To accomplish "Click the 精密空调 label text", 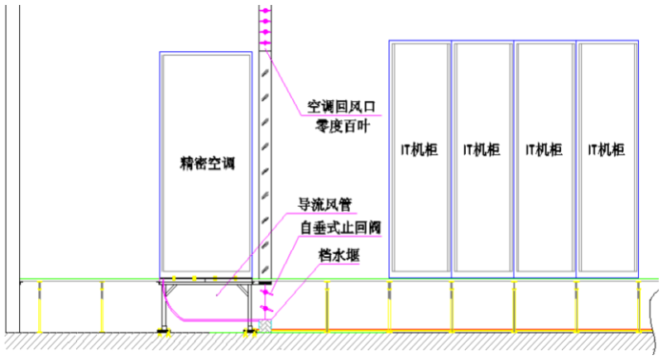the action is (x=207, y=163).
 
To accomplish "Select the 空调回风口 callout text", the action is (x=342, y=107).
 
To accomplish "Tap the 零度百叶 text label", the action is (x=343, y=126).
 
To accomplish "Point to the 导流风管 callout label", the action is (x=324, y=204).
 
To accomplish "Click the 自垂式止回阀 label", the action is (x=341, y=228).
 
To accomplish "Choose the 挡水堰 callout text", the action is (x=339, y=255).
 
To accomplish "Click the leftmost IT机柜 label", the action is (x=420, y=150).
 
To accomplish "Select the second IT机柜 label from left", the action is (x=482, y=150).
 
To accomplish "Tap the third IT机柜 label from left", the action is (x=545, y=150).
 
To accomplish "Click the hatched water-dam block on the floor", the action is (x=265, y=326).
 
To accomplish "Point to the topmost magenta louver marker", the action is (x=265, y=10).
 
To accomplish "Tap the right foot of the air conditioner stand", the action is (x=250, y=332).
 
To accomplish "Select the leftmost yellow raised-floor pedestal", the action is (x=40, y=306).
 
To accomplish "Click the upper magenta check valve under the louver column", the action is (x=266, y=293).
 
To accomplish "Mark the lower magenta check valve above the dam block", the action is (x=266, y=308).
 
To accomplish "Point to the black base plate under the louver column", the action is (x=265, y=282).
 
